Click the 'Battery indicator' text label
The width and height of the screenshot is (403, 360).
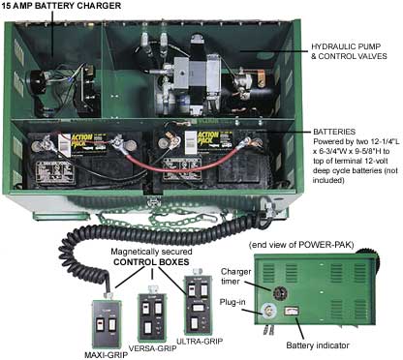point(320,345)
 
